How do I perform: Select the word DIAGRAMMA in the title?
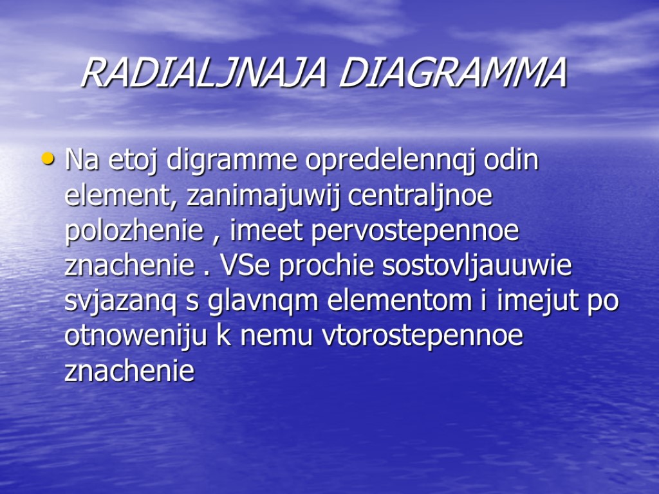coord(452,74)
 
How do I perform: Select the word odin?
coord(511,160)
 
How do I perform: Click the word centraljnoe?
coord(420,196)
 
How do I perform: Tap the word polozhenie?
coord(134,232)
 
